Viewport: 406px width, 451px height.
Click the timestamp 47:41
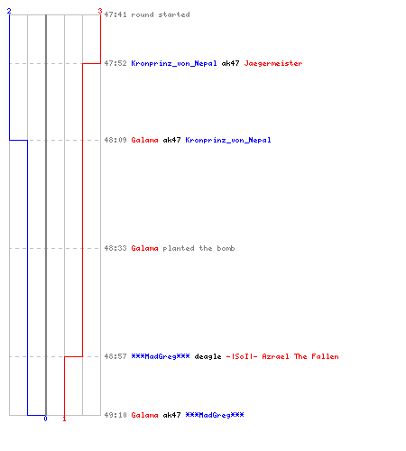pos(115,14)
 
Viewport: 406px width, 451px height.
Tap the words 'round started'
pos(161,14)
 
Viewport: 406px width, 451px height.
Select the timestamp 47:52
pos(115,63)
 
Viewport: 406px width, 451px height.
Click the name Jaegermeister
pos(273,63)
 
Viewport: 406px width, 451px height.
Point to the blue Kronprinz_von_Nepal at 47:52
pos(174,63)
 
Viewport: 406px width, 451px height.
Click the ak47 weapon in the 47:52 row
pos(230,63)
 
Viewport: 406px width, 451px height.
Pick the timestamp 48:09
pos(115,140)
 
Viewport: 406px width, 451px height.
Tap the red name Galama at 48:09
pos(144,140)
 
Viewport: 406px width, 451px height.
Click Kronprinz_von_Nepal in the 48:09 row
pos(228,140)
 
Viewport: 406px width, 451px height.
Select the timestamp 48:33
pos(115,248)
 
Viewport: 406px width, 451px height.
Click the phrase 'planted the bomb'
pos(198,248)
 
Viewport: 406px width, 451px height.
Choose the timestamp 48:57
pos(115,356)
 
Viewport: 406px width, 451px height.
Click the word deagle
pos(208,356)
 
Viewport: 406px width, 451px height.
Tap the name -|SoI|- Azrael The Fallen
pos(282,356)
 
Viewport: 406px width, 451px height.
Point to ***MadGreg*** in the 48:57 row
pos(161,356)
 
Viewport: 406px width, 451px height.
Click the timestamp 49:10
pos(115,415)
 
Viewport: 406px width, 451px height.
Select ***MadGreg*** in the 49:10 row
pos(215,415)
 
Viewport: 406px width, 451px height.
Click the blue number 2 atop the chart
pos(9,11)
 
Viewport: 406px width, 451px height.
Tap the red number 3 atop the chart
pos(100,11)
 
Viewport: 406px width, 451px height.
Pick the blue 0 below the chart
pos(45,419)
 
